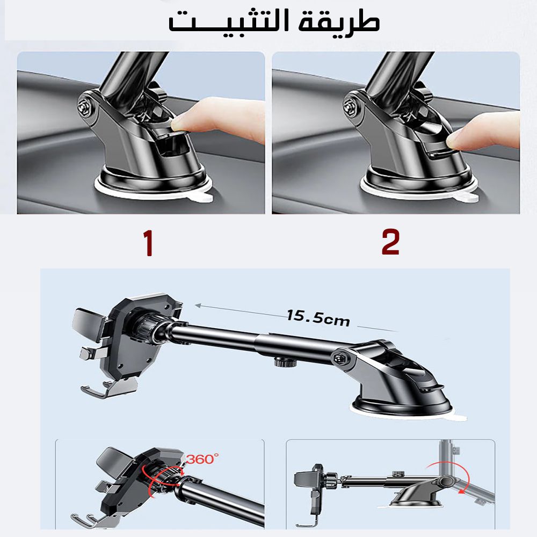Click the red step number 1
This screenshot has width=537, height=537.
[148, 243]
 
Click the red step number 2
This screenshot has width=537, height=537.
[390, 242]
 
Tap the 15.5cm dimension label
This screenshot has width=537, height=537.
[318, 318]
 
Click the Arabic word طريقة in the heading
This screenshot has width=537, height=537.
[339, 21]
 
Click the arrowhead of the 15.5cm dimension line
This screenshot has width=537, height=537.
[198, 305]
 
